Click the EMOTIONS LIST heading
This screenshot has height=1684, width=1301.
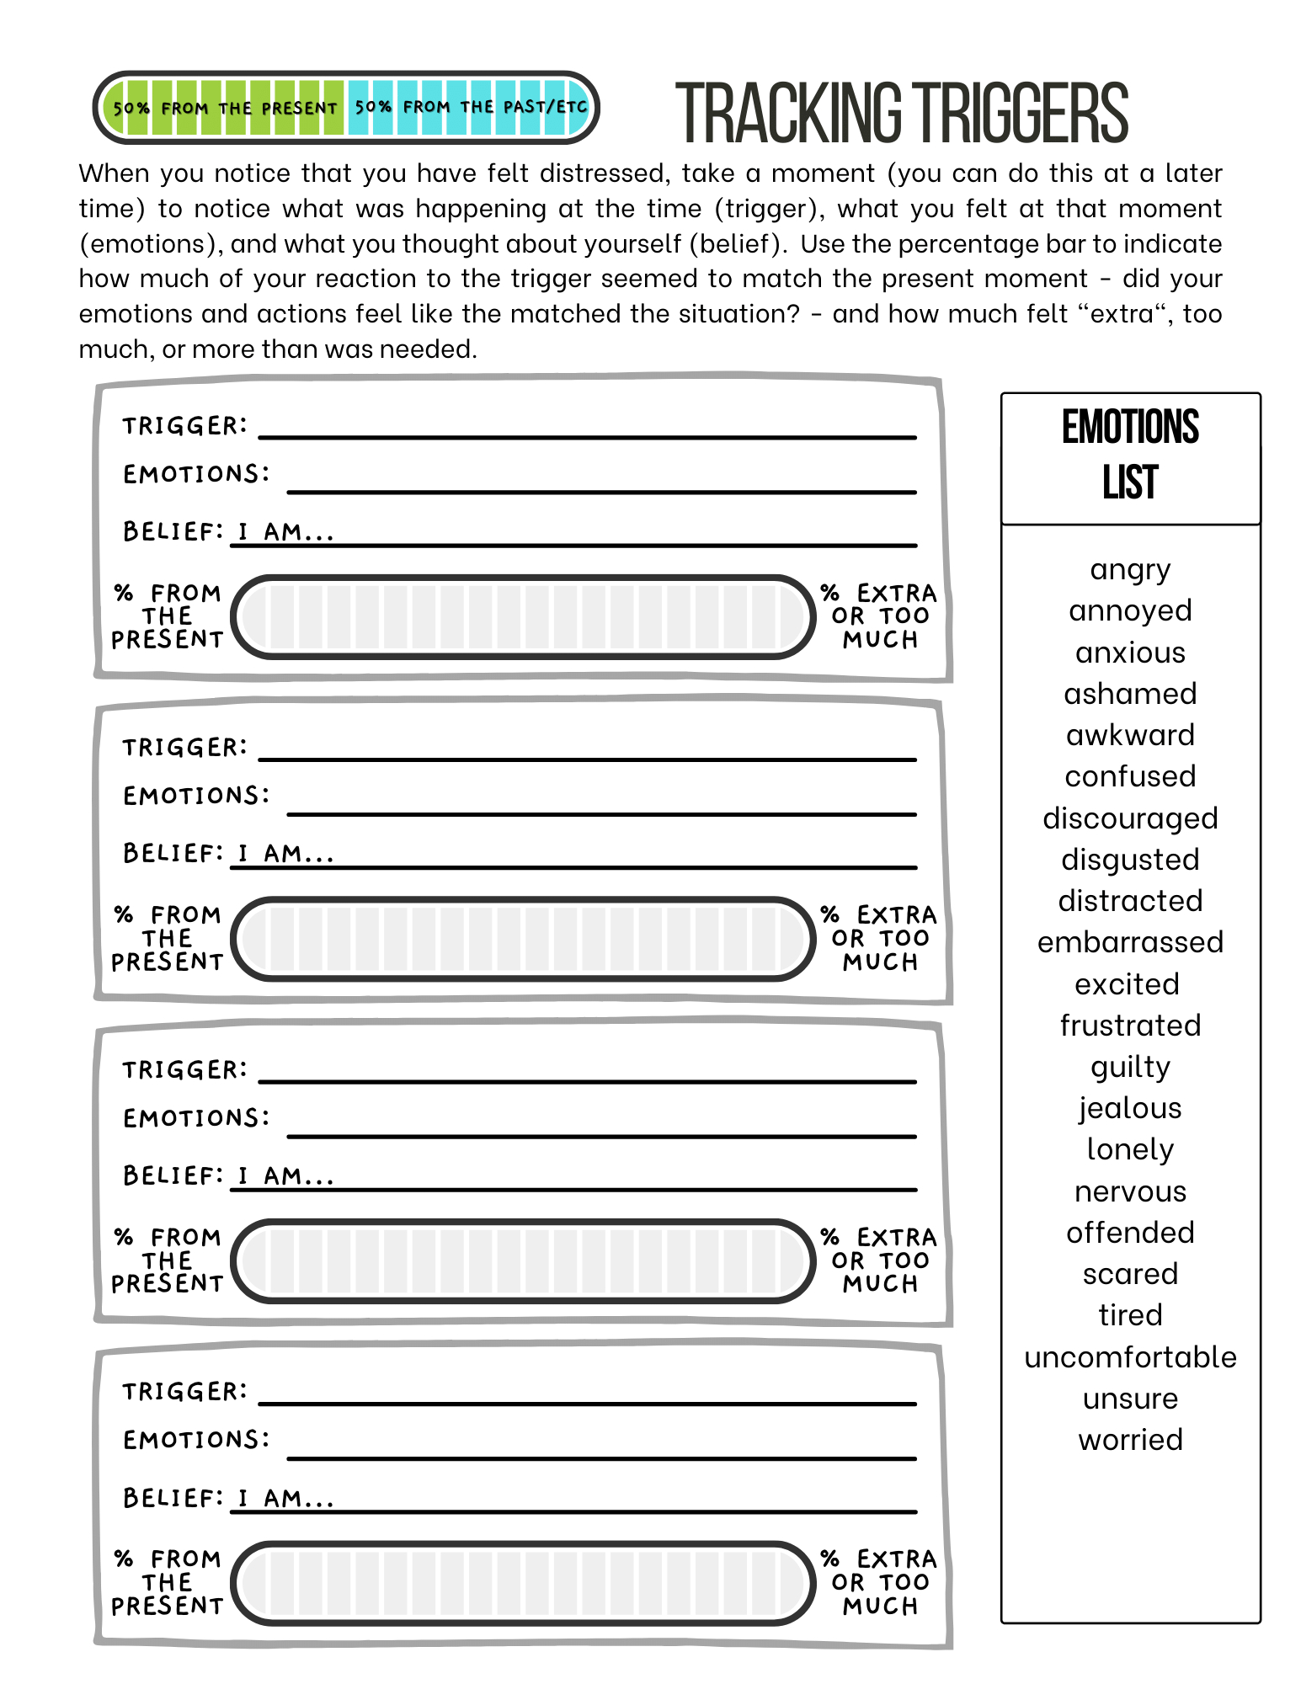pyautogui.click(x=1129, y=454)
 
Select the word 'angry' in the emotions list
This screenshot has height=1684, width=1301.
pyautogui.click(x=1129, y=570)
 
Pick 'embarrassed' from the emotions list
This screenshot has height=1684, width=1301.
pyautogui.click(x=1129, y=942)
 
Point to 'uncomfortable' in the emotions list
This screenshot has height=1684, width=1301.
pyautogui.click(x=1129, y=1357)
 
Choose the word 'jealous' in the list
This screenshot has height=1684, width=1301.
pyautogui.click(x=1129, y=1108)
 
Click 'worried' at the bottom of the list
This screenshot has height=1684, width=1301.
pyautogui.click(x=1129, y=1440)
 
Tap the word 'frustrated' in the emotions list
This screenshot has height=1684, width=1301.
pyautogui.click(x=1129, y=1026)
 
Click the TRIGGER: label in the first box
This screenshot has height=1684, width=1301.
pyautogui.click(x=185, y=426)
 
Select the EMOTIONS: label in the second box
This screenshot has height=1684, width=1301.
pyautogui.click(x=196, y=796)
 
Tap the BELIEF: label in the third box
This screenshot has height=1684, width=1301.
pyautogui.click(x=173, y=1175)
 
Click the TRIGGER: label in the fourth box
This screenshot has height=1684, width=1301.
pyautogui.click(x=185, y=1392)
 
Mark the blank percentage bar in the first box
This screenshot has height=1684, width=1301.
pyautogui.click(x=522, y=617)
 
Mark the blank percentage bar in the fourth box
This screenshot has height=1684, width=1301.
pyautogui.click(x=522, y=1583)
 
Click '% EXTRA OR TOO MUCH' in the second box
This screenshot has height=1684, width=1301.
pyautogui.click(x=880, y=938)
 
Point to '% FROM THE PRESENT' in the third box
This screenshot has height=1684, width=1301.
pyautogui.click(x=168, y=1260)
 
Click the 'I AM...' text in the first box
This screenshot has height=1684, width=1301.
pyautogui.click(x=285, y=532)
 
